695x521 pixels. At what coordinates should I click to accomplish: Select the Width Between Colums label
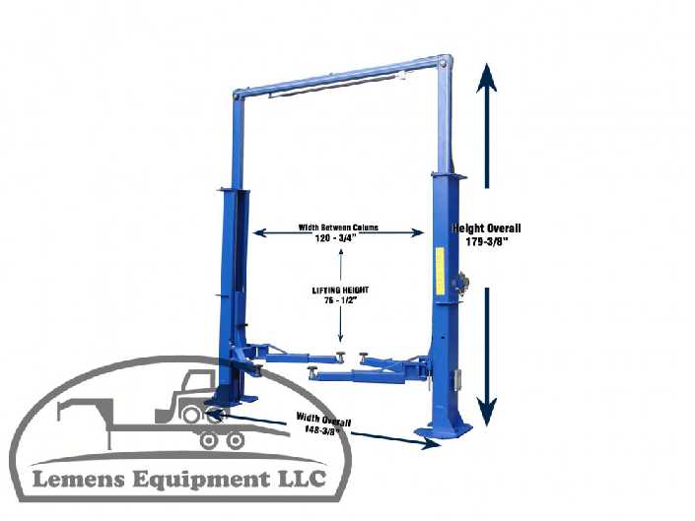338,228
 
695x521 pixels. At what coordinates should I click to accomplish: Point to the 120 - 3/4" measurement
338,238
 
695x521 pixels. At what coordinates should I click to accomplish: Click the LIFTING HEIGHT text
340,292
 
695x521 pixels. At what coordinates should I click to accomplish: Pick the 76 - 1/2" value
340,302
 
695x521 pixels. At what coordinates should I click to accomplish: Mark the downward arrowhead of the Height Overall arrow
485,415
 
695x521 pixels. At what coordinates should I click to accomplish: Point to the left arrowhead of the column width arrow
257,233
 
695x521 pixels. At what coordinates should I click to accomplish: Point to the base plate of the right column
443,430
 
